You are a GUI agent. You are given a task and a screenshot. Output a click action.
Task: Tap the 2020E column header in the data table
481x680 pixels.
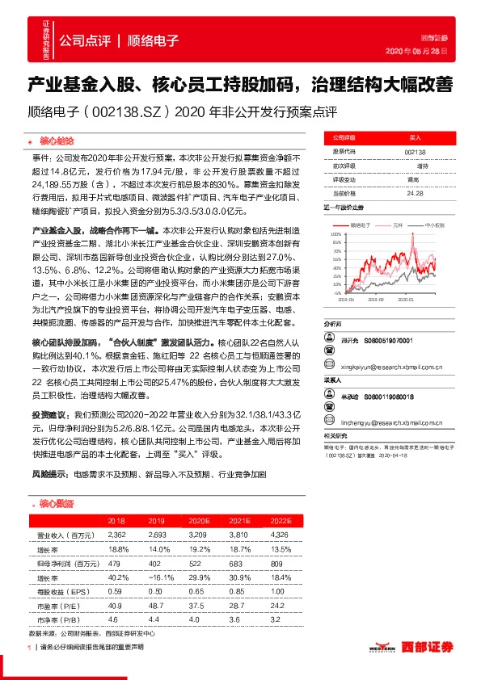pos(195,522)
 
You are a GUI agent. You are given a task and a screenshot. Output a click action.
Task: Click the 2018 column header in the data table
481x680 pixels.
pos(116,522)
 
